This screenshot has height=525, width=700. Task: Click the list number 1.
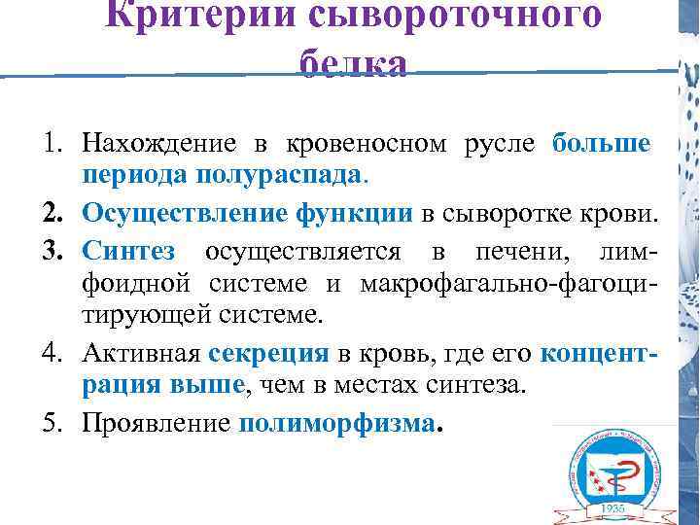(x=52, y=144)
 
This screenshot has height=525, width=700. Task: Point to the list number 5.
(x=52, y=423)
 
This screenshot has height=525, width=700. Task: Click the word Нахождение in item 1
(x=158, y=144)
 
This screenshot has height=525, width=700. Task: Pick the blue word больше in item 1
(x=601, y=144)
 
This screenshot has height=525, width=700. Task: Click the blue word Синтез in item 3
(x=128, y=250)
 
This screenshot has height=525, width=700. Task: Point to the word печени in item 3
(x=512, y=250)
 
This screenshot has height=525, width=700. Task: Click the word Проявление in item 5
(x=156, y=423)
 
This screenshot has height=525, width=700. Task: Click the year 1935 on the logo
(x=612, y=507)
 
